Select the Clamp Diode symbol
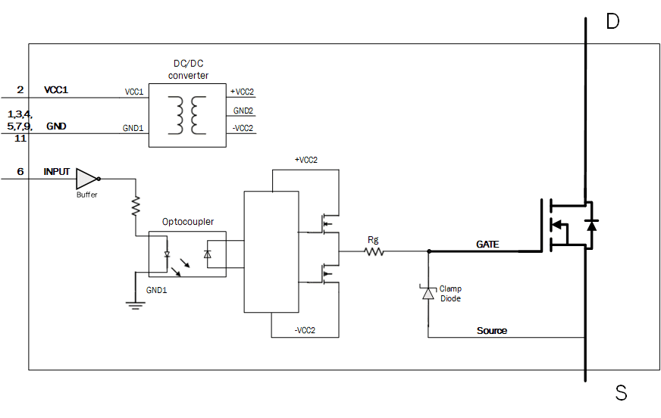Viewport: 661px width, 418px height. pos(428,293)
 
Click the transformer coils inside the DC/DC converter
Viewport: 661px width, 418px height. pos(188,114)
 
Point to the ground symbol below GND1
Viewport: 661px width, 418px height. pos(136,304)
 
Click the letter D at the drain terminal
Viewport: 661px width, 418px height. pos(612,21)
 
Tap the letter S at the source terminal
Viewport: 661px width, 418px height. pos(621,392)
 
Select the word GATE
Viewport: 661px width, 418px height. pos(488,245)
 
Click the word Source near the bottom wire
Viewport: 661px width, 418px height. pos(492,331)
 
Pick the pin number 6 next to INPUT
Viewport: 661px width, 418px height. pos(20,172)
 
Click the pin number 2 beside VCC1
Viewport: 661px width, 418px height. pos(20,90)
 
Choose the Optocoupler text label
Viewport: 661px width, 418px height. pos(188,222)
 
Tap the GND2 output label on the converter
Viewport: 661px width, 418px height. pos(243,111)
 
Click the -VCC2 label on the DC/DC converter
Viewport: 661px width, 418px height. pos(243,128)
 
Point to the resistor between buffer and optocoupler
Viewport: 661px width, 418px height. pos(136,205)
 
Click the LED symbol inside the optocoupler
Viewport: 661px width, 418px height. pos(167,254)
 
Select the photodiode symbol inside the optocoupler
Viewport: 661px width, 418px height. pos(208,254)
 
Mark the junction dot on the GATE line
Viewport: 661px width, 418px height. pos(429,251)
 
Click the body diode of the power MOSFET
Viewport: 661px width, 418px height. pos(592,225)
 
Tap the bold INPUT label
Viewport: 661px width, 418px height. pos(57,172)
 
